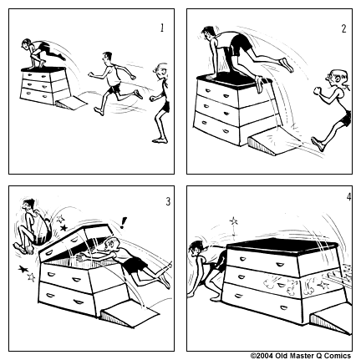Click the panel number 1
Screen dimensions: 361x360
tap(162, 28)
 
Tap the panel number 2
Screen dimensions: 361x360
tap(344, 28)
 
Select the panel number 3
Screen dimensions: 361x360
tap(168, 201)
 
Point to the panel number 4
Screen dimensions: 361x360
tap(348, 197)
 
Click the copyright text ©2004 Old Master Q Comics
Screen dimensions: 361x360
tap(301, 356)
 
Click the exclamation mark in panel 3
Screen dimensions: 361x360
tap(123, 223)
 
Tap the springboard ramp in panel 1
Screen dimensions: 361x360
tap(72, 103)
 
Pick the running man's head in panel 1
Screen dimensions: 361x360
tap(106, 57)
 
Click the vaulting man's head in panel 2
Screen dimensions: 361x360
tap(208, 33)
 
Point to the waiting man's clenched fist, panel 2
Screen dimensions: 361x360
tap(318, 91)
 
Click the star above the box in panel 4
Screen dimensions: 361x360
tap(233, 221)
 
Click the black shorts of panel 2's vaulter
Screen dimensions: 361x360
tap(240, 43)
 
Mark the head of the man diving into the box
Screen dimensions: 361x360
tap(110, 245)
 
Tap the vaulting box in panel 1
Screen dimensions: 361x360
tap(44, 85)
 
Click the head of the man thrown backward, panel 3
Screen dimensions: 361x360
tap(28, 206)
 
